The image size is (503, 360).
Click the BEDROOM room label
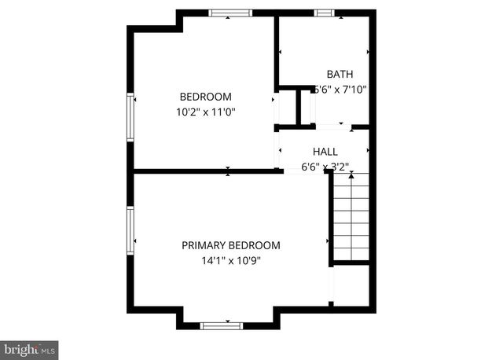pyautogui.click(x=206, y=97)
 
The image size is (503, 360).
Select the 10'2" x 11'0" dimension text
pyautogui.click(x=206, y=112)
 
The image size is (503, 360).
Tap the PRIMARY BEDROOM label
pyautogui.click(x=231, y=245)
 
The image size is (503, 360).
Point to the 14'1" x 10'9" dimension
pyautogui.click(x=231, y=260)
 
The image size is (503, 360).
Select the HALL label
pyautogui.click(x=325, y=152)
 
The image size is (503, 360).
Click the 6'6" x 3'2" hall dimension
pyautogui.click(x=325, y=166)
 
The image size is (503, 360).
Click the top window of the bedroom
pyautogui.click(x=230, y=13)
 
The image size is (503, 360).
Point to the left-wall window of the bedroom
pyautogui.click(x=131, y=118)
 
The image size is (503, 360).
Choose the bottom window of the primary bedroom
pyautogui.click(x=222, y=325)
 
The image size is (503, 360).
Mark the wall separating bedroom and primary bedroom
pyautogui.click(x=208, y=171)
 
